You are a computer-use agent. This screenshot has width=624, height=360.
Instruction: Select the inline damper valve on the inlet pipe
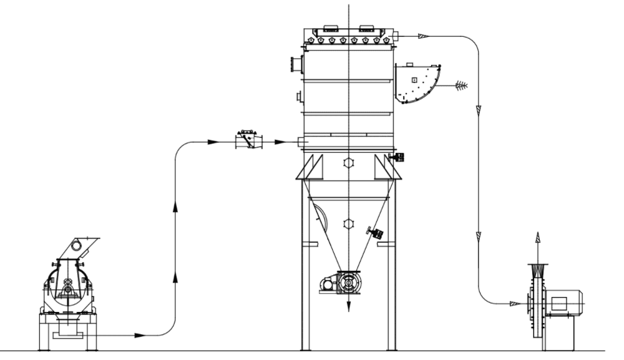coord(248,140)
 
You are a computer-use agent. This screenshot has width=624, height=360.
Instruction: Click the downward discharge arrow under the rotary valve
coord(349,306)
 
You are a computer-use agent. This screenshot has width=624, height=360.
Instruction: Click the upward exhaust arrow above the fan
coord(537,240)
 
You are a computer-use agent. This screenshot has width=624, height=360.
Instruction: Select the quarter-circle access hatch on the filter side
coord(417,83)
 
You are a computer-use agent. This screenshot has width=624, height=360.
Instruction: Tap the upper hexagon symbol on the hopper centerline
coord(349,163)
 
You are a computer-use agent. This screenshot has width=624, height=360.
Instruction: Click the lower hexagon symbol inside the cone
coord(349,223)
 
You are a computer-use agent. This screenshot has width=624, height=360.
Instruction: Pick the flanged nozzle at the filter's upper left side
coord(295,64)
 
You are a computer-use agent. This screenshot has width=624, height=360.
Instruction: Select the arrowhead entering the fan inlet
coord(515,304)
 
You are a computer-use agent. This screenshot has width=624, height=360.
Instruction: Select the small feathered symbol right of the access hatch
coord(461,84)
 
